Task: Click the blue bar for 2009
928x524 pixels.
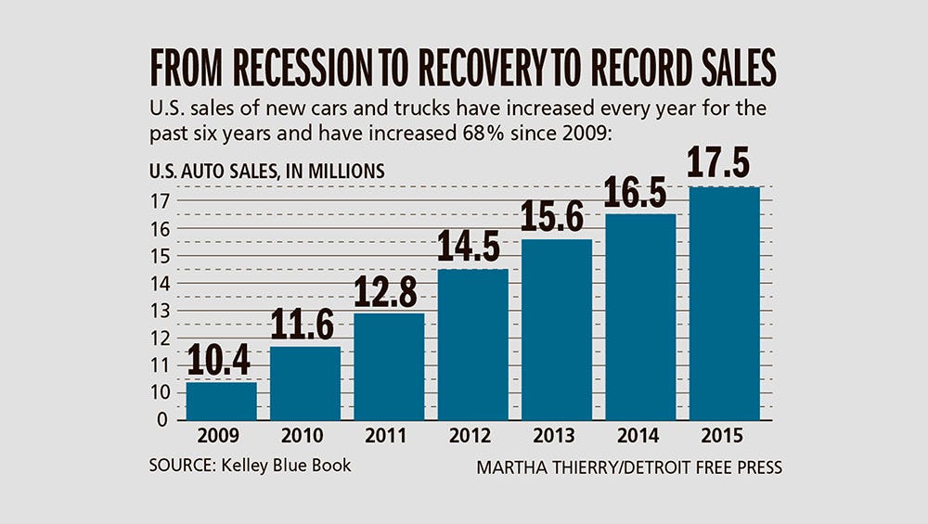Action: click(x=221, y=401)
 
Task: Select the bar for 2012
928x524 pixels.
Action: click(x=473, y=344)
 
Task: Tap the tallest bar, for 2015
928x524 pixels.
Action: click(x=725, y=303)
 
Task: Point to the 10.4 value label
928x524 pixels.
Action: click(x=220, y=362)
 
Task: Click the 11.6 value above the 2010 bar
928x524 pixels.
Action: click(x=305, y=326)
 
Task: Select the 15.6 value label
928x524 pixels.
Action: click(x=558, y=219)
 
